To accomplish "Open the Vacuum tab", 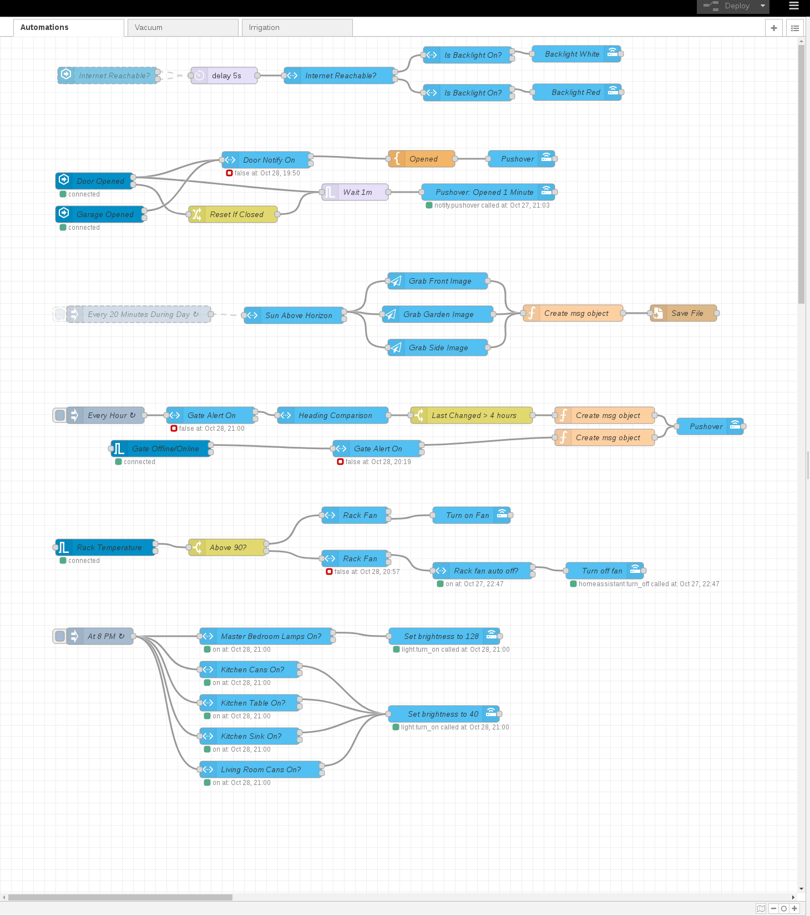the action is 183,27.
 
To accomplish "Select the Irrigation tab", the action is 297,27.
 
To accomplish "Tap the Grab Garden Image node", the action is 438,314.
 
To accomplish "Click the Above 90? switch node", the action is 227,547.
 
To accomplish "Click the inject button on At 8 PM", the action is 60,636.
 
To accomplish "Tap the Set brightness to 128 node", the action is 441,636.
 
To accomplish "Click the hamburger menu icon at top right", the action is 794,6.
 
